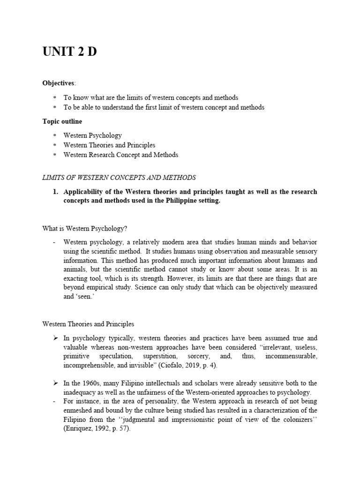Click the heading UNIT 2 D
coord(69,52)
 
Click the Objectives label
coord(58,83)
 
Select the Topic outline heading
coord(62,121)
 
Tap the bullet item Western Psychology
coord(92,135)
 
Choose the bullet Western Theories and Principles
coord(109,145)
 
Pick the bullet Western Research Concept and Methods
coord(120,155)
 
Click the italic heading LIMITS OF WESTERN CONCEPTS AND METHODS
coord(119,178)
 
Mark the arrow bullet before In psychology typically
coord(55,338)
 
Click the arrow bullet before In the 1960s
coord(55,383)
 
